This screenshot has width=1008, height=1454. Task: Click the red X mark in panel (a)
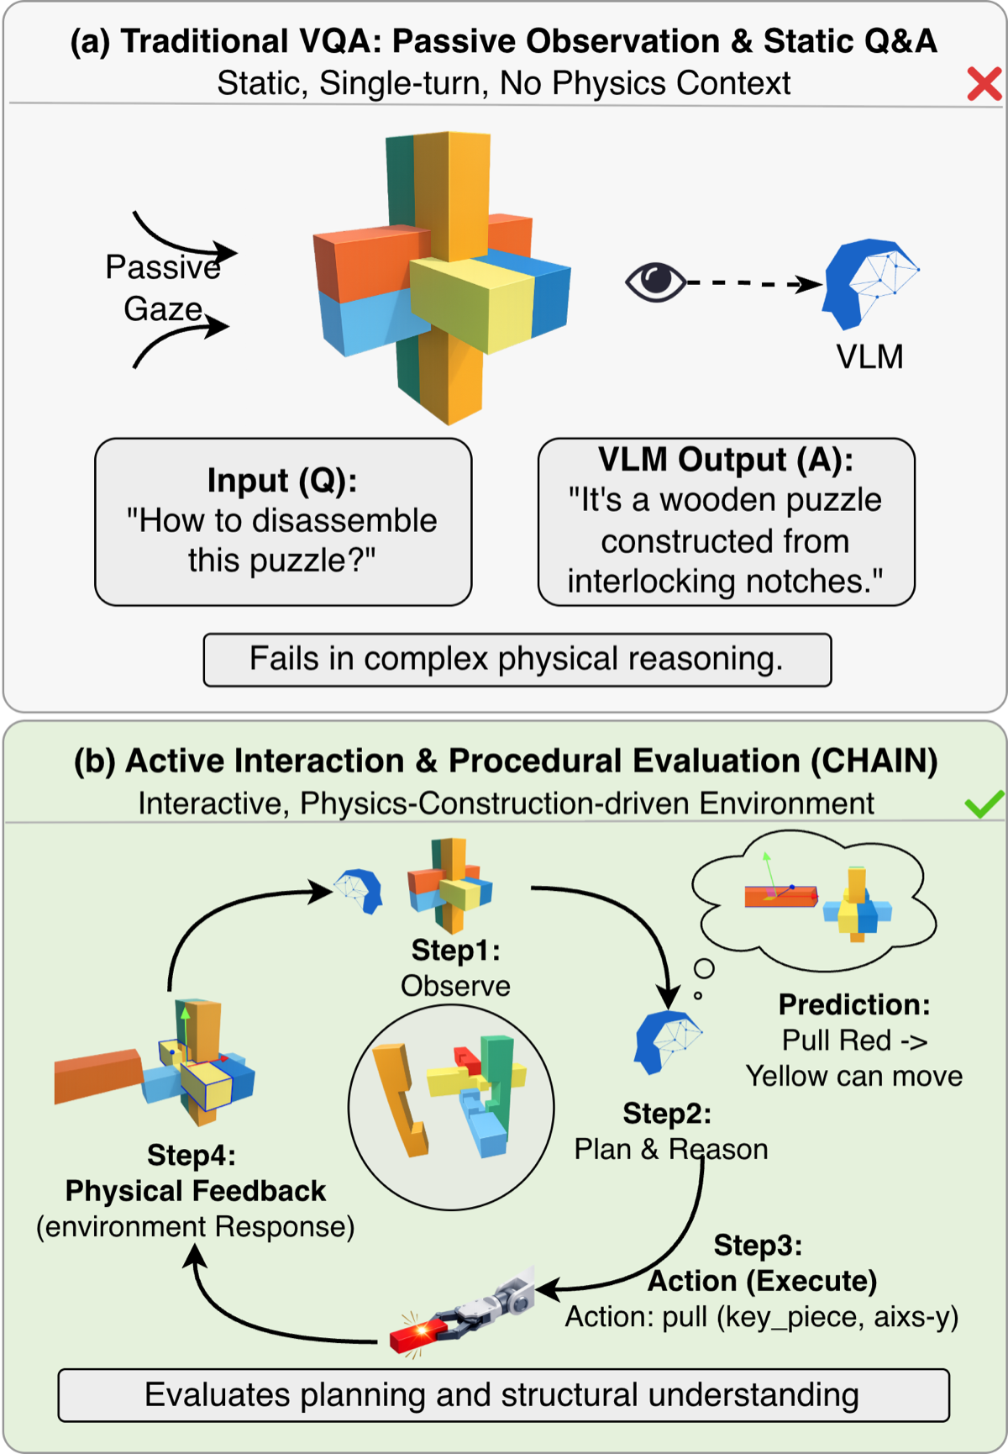[984, 84]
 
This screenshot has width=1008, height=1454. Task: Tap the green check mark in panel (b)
[984, 804]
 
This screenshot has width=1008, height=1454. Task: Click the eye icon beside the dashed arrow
[655, 282]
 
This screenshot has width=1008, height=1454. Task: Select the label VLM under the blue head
[869, 357]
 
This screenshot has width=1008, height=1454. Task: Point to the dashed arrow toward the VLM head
[752, 284]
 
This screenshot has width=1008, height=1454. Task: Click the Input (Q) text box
[283, 521]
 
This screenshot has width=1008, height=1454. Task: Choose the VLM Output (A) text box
[726, 521]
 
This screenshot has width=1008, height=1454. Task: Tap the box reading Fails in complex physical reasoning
[517, 660]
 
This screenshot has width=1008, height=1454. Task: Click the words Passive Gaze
[163, 288]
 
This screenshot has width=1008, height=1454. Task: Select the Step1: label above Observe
[455, 951]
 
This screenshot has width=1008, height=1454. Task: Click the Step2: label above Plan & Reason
[667, 1114]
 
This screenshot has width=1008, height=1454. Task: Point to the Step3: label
[758, 1246]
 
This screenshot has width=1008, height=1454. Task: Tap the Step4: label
[192, 1156]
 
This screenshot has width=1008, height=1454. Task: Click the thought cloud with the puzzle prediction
[813, 899]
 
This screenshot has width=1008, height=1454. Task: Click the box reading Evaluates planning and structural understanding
[503, 1395]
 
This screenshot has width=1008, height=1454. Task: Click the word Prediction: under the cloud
[853, 1005]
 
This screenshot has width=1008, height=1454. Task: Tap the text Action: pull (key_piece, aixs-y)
[761, 1317]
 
